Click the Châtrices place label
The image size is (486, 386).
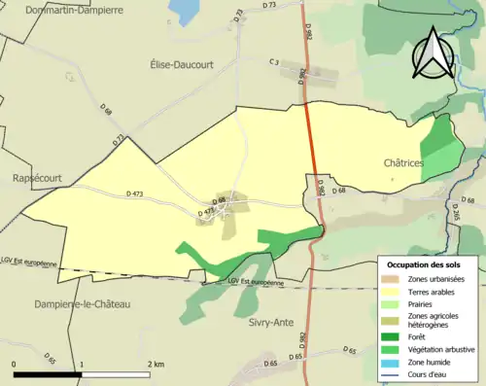pos(401,164)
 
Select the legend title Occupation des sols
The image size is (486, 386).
pos(424,264)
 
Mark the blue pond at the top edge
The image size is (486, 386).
pos(182,10)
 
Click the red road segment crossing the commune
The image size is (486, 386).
pos(312,136)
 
